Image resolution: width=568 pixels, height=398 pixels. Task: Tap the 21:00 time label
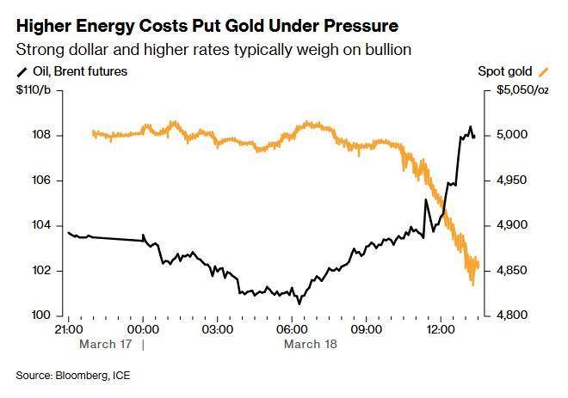click(x=68, y=328)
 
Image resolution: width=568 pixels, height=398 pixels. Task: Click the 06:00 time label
click(x=292, y=328)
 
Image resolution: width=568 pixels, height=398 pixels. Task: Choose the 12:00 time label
click(x=441, y=328)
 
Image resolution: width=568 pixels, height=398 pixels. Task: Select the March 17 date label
click(x=105, y=343)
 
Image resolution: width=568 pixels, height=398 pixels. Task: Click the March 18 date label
click(x=310, y=343)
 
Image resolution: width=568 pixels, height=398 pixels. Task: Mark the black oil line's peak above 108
click(x=470, y=127)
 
